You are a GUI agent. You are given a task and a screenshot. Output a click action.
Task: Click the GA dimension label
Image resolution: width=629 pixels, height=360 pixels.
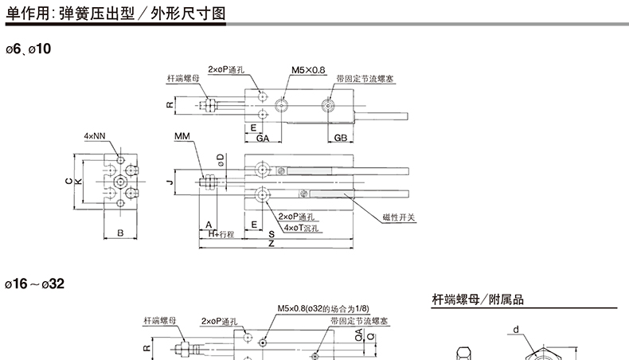coord(262,138)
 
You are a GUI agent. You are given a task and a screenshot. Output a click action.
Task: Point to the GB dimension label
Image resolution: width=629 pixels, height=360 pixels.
coord(340,138)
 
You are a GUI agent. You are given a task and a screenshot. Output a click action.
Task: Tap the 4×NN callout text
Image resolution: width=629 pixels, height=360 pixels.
coord(95,136)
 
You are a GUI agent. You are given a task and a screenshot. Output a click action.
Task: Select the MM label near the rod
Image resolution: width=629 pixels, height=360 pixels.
coord(182,137)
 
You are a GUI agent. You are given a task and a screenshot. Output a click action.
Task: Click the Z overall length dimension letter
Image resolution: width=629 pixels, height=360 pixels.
coord(271,243)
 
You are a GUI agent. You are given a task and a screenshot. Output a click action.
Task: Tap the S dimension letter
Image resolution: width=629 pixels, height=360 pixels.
coord(271,234)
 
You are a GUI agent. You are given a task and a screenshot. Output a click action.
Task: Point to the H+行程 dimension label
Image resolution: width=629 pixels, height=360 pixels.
coord(221,235)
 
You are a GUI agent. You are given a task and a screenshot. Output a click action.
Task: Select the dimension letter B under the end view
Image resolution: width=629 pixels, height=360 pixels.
coord(119,233)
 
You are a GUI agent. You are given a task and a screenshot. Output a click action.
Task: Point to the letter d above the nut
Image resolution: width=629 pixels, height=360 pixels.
coord(516,329)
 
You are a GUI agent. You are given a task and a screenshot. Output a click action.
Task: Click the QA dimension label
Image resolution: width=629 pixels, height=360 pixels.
coord(359,333)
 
